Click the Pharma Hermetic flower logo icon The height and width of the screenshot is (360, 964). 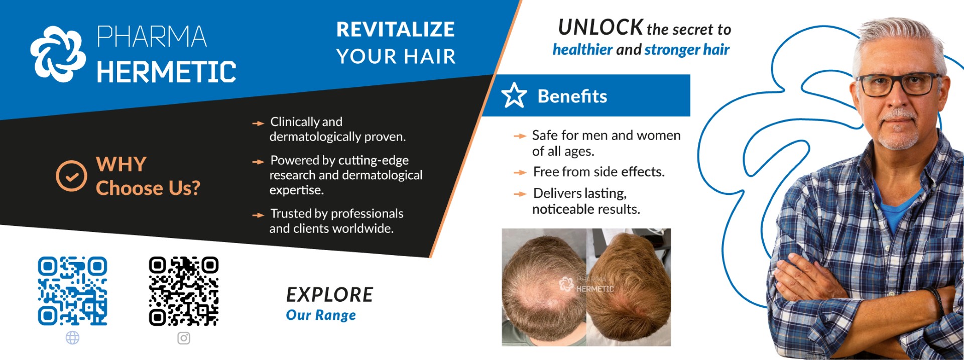point(58,54)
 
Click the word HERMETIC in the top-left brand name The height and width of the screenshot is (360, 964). point(166,72)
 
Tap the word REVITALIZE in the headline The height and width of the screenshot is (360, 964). point(396,29)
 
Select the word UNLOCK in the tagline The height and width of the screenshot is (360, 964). point(600,27)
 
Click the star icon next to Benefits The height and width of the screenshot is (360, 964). point(514,95)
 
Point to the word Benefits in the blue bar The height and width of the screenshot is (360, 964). point(572,96)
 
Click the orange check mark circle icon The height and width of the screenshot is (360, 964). point(71,176)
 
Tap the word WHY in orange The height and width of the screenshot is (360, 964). point(122,164)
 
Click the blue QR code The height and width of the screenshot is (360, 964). point(73,291)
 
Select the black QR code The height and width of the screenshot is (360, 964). point(184,291)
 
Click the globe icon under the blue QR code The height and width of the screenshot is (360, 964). point(73,338)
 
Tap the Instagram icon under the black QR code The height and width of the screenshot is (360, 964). point(184,338)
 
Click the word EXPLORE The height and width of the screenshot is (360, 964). point(330,295)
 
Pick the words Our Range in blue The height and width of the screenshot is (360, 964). point(321,315)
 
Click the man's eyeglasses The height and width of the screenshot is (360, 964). point(899,84)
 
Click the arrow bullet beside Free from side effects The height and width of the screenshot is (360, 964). point(520,172)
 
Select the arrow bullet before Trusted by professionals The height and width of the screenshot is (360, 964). point(258,215)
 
